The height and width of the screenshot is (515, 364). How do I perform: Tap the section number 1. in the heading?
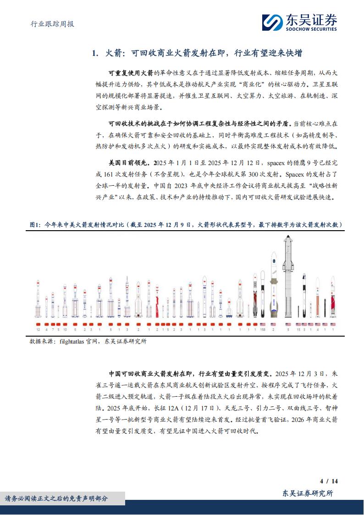[x=95, y=54]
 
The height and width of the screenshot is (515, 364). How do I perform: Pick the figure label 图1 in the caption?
[x=34, y=225]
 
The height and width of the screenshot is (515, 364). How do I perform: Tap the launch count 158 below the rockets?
[x=263, y=329]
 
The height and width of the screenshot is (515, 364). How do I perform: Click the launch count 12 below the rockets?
[x=39, y=329]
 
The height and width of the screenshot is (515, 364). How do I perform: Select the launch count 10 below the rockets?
[x=65, y=329]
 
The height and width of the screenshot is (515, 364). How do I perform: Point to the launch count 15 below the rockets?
[x=298, y=329]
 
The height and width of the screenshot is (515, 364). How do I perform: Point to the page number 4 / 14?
[x=329, y=481]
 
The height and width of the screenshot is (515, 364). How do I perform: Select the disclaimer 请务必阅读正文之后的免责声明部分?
[x=56, y=498]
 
